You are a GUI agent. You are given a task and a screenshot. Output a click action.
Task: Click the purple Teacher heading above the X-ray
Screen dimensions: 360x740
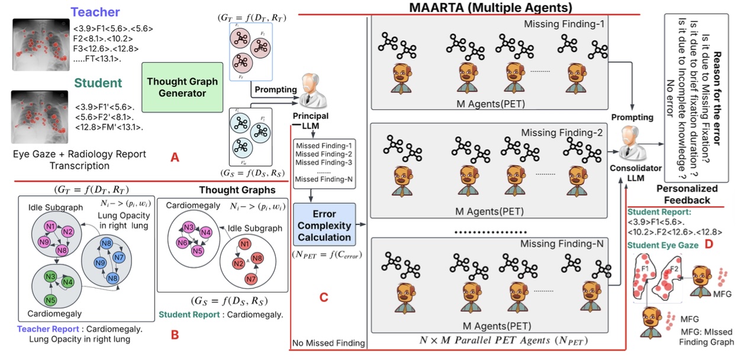click(x=95, y=12)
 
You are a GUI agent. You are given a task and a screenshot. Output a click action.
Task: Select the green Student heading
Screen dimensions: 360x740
click(x=98, y=83)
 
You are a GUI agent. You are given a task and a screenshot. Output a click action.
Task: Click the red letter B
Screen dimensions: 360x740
click(x=175, y=335)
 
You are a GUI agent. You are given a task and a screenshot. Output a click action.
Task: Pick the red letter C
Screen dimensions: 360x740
click(x=323, y=298)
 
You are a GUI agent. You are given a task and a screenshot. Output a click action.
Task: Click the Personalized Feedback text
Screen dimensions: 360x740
click(x=687, y=194)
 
